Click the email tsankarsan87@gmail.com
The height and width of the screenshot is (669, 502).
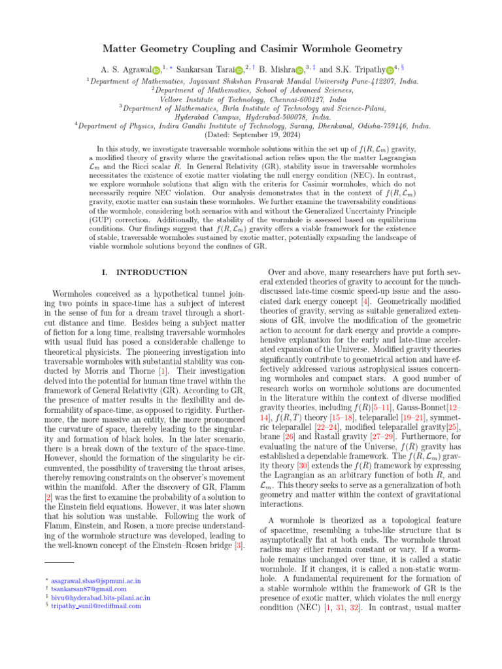(x=88, y=589)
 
